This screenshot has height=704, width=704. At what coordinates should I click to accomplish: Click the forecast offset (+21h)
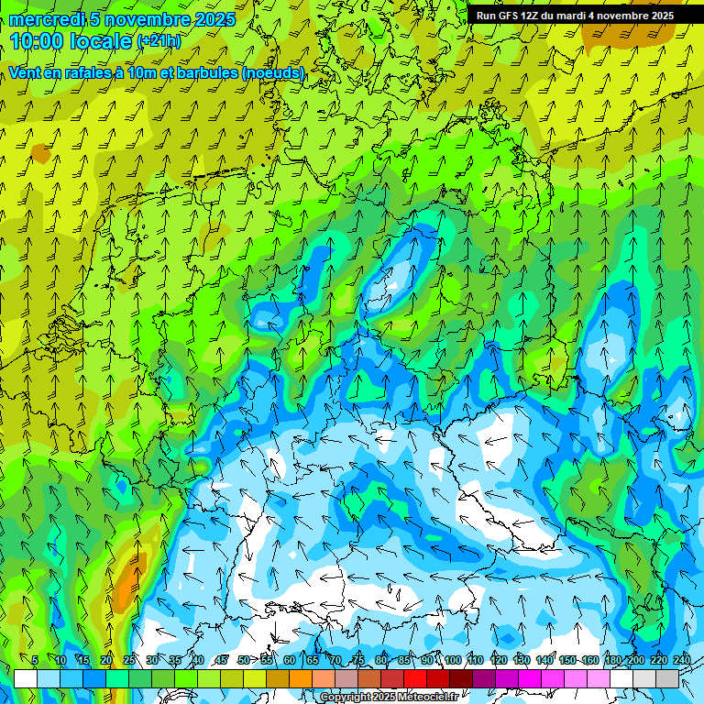pyautogui.click(x=159, y=42)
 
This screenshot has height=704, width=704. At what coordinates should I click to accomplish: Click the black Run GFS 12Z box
pyautogui.click(x=575, y=16)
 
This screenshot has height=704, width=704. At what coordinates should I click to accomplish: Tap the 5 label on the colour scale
pyautogui.click(x=35, y=660)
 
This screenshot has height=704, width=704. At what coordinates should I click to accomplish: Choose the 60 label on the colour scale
pyautogui.click(x=290, y=660)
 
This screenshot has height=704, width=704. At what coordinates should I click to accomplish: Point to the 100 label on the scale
pyautogui.click(x=452, y=660)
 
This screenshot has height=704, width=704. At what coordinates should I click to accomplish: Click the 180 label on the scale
pyautogui.click(x=610, y=660)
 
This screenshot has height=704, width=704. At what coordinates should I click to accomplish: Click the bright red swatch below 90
pyautogui.click(x=415, y=678)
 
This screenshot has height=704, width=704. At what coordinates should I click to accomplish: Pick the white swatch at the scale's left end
pyautogui.click(x=26, y=678)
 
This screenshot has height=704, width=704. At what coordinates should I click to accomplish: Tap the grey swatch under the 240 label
pyautogui.click(x=667, y=678)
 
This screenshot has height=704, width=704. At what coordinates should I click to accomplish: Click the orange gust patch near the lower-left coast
pyautogui.click(x=131, y=580)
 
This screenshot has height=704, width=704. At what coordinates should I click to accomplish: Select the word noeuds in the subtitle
pyautogui.click(x=273, y=72)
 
